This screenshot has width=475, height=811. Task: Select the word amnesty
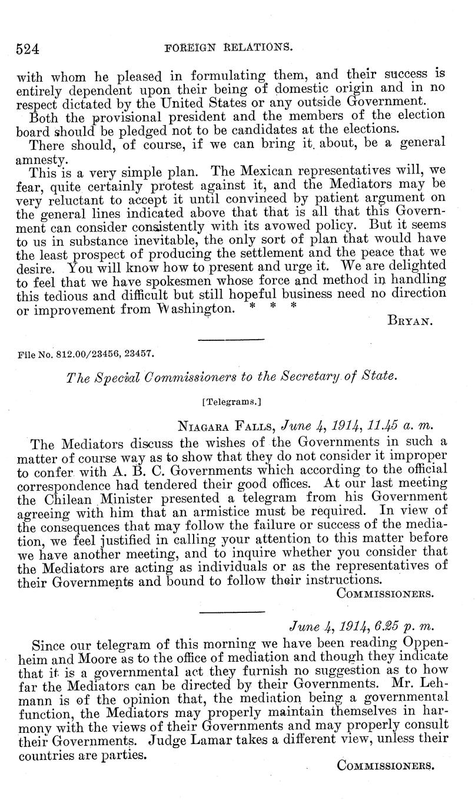pyautogui.click(x=40, y=159)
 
